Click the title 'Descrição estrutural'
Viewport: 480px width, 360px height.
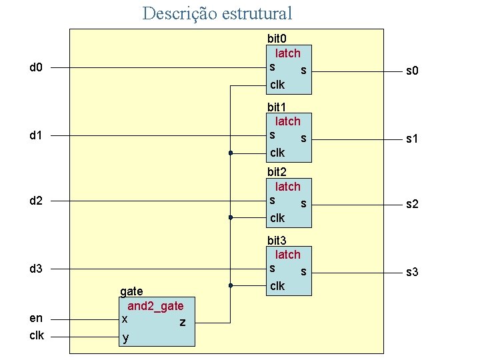pyautogui.click(x=217, y=13)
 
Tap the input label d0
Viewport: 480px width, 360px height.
pyautogui.click(x=36, y=67)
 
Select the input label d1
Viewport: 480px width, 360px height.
pyautogui.click(x=36, y=136)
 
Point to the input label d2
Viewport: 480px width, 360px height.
pyautogui.click(x=36, y=201)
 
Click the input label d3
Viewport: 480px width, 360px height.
pyautogui.click(x=36, y=269)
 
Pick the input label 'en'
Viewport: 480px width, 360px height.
pyautogui.click(x=36, y=318)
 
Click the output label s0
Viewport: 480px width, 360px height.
pyautogui.click(x=413, y=71)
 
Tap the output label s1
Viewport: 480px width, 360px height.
pyautogui.click(x=413, y=139)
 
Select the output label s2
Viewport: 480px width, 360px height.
pyautogui.click(x=413, y=204)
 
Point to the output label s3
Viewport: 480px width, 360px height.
pyautogui.click(x=413, y=272)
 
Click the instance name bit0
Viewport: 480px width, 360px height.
pyautogui.click(x=277, y=39)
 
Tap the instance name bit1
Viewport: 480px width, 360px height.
pyautogui.click(x=277, y=107)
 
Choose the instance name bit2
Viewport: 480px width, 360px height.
pyautogui.click(x=277, y=172)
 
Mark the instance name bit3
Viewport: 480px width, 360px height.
pyautogui.click(x=277, y=240)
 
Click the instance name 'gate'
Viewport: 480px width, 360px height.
pyautogui.click(x=131, y=291)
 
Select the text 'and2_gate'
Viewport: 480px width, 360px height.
pyautogui.click(x=155, y=306)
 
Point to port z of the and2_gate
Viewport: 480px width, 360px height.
pyautogui.click(x=182, y=323)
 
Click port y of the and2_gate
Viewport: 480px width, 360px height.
pyautogui.click(x=125, y=338)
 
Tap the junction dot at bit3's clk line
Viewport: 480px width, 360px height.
pyautogui.click(x=229, y=285)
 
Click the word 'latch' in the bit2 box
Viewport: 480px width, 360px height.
pyautogui.click(x=288, y=187)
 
